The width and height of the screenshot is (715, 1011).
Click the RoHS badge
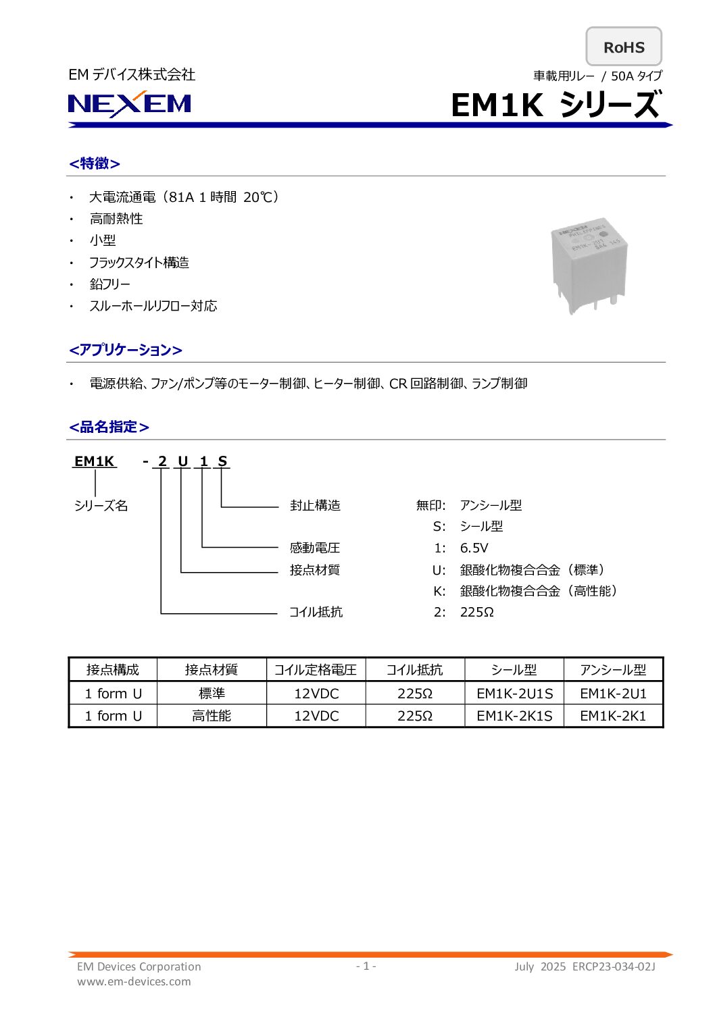click(623, 47)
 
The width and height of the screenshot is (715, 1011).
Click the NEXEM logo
click(130, 104)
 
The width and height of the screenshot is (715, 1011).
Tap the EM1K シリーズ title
click(555, 105)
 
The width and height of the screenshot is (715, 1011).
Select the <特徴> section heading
click(95, 163)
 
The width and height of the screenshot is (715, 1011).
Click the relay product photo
click(587, 265)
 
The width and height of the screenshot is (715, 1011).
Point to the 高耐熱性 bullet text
click(116, 219)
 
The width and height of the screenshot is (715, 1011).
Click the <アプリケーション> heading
click(126, 350)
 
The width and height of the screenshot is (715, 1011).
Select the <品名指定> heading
click(109, 427)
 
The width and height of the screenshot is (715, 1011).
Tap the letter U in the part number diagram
click(182, 461)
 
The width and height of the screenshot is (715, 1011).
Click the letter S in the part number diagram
click(222, 461)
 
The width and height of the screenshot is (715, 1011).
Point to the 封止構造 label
click(315, 505)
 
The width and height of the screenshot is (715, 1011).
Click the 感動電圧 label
click(315, 548)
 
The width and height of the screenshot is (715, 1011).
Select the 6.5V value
click(474, 548)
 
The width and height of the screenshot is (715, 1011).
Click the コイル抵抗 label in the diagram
click(316, 612)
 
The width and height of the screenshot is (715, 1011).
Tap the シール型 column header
click(514, 670)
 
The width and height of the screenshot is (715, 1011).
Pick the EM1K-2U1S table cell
click(514, 694)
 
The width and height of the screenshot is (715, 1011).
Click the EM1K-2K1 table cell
click(613, 716)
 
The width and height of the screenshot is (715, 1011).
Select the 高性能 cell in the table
click(212, 716)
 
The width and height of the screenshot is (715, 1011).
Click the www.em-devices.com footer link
click(134, 981)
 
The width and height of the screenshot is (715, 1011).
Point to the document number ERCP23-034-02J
click(614, 966)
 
